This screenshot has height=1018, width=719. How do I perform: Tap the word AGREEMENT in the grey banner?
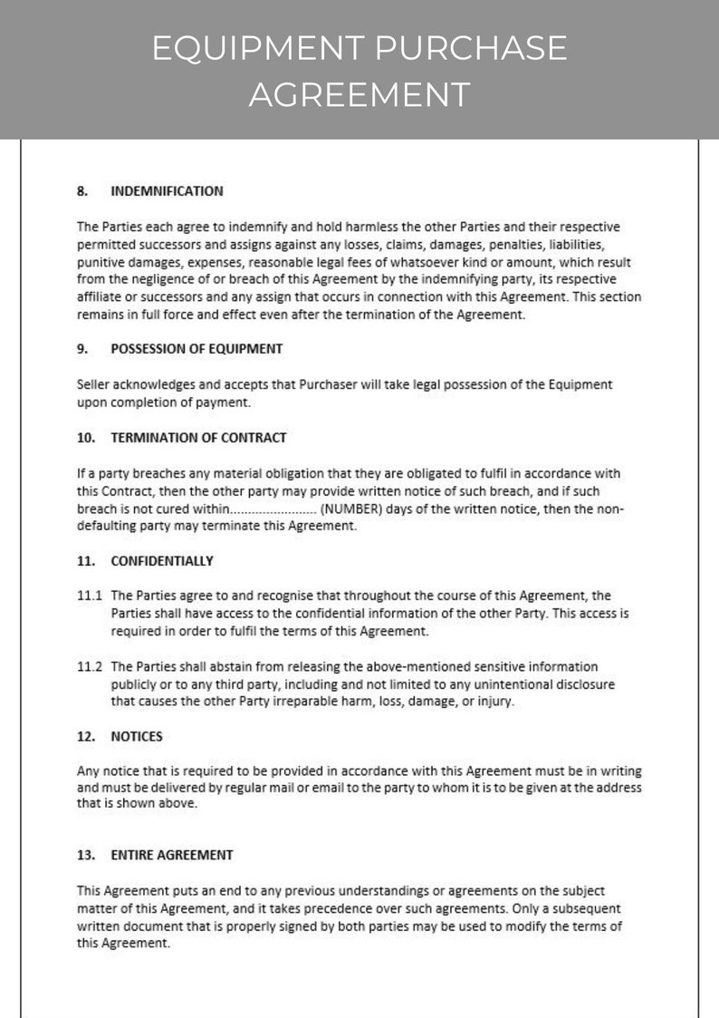359,93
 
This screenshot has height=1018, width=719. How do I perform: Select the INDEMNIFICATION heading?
167,191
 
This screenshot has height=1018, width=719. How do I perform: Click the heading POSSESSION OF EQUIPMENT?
197,348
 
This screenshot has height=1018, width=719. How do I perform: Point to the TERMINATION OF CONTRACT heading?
198,437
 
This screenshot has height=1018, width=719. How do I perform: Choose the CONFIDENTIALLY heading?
162,561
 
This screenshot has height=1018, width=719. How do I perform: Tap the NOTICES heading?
137,736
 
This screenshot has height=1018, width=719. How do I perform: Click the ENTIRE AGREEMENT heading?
172,854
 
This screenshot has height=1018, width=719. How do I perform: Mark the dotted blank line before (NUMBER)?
274,509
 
